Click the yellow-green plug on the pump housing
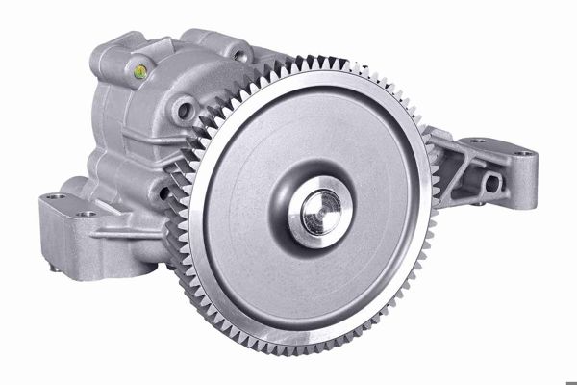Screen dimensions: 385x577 (139, 70)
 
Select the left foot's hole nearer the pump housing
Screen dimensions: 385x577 (88, 214)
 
